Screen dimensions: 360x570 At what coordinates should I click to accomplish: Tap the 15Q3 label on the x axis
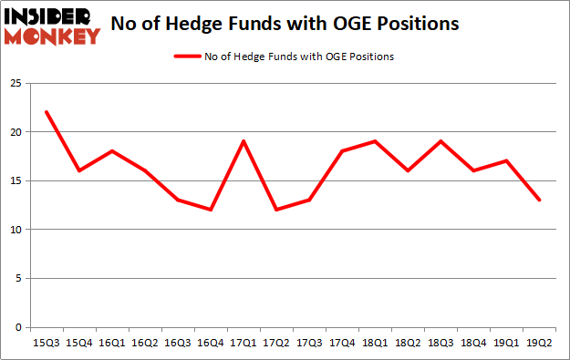pyautogui.click(x=46, y=345)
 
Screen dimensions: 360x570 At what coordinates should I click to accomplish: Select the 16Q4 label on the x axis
pyautogui.click(x=211, y=345)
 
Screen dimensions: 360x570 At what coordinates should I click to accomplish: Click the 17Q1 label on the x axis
pyautogui.click(x=244, y=345)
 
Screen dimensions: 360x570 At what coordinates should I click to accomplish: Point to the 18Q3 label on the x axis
pyautogui.click(x=440, y=345)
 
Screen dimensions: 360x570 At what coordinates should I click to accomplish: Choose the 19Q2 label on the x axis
pyautogui.click(x=540, y=345)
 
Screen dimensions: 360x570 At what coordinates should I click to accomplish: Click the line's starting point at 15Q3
pyautogui.click(x=46, y=112)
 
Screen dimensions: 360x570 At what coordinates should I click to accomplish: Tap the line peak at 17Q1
pyautogui.click(x=244, y=141)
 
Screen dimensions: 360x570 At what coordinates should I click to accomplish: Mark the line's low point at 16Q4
pyautogui.click(x=211, y=210)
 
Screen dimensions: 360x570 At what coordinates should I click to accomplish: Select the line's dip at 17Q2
pyautogui.click(x=276, y=210)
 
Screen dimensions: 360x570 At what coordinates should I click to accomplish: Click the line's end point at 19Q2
pyautogui.click(x=540, y=201)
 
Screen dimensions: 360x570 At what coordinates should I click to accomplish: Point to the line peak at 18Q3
pyautogui.click(x=440, y=141)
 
